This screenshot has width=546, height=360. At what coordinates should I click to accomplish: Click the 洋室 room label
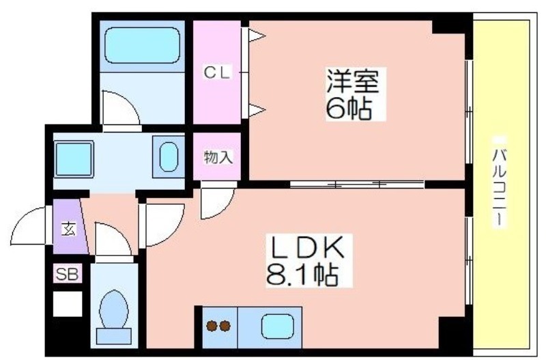(351, 81)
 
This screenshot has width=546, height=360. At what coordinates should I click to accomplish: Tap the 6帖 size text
(349, 108)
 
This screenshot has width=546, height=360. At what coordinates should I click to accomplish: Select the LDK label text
(308, 248)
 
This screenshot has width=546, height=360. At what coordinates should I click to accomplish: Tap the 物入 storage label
(218, 158)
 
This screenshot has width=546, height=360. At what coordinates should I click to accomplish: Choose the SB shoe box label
(67, 275)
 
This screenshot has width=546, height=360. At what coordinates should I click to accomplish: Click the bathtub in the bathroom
(141, 45)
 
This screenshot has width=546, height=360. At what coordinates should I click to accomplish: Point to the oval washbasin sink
(167, 157)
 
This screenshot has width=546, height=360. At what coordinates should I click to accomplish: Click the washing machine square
(74, 158)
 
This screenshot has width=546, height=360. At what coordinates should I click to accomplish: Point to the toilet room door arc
(113, 239)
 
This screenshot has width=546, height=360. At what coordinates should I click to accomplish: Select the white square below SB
(67, 303)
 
